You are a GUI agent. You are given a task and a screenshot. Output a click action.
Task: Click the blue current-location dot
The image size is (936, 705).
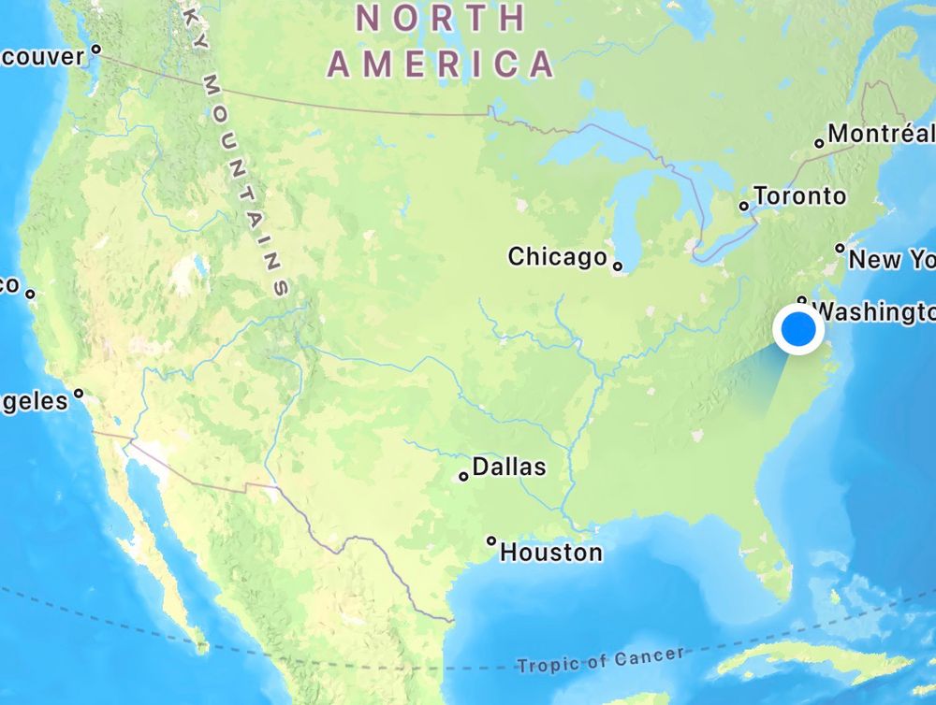click(x=798, y=331)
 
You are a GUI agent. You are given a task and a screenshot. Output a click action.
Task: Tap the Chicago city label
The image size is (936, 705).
click(x=557, y=256)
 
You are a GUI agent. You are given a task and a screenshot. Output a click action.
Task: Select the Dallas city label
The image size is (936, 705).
click(x=508, y=466)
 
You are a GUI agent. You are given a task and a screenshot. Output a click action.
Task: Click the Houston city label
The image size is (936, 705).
click(x=551, y=552)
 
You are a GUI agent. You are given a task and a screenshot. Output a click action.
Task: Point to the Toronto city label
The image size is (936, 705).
click(x=799, y=196)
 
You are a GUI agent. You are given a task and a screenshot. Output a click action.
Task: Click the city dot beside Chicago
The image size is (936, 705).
click(x=618, y=266)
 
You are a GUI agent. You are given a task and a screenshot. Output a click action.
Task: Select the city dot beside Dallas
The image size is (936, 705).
click(x=463, y=477)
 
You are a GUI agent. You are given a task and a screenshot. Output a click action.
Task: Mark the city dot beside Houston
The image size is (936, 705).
click(x=491, y=540)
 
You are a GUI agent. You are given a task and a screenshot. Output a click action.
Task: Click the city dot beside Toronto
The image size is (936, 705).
click(x=745, y=206)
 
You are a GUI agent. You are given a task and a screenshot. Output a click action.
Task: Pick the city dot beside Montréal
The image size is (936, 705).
click(x=819, y=143)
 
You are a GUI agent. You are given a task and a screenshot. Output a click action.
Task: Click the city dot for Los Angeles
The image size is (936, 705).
click(x=79, y=393)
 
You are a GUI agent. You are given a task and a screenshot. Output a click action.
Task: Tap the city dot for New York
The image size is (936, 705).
click(x=840, y=249)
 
